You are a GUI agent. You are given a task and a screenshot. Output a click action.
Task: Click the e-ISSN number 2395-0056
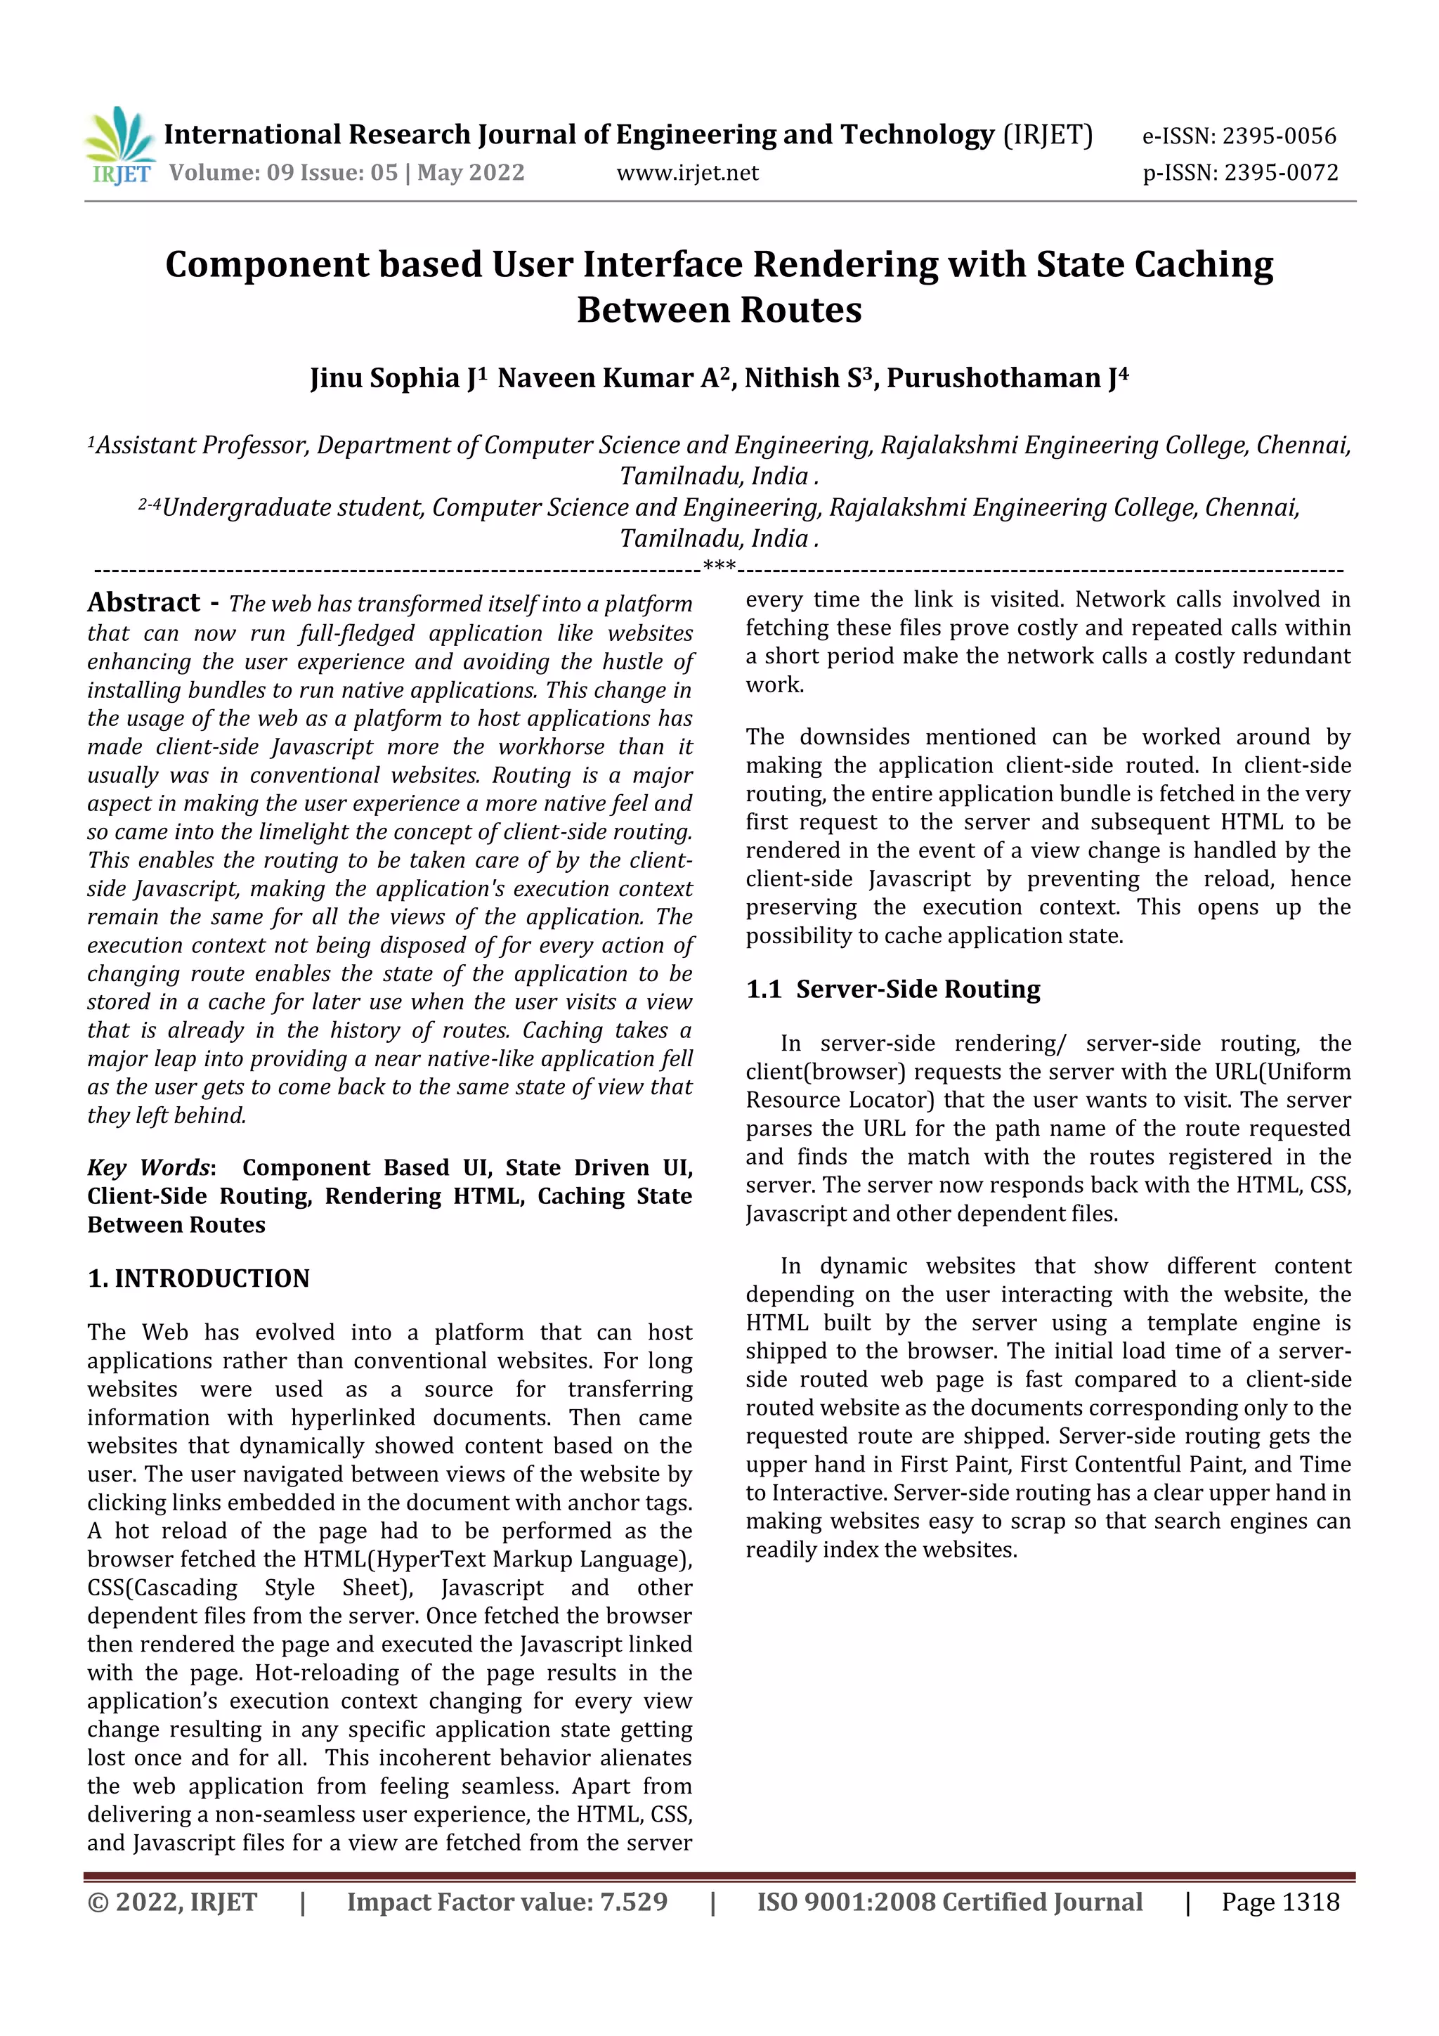(1279, 136)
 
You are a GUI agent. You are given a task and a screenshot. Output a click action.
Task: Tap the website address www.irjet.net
(687, 172)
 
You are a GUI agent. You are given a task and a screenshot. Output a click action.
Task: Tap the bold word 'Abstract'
(143, 602)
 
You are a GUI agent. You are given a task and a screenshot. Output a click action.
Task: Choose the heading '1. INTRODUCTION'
(199, 1278)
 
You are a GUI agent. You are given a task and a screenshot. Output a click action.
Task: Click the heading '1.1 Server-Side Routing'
(893, 989)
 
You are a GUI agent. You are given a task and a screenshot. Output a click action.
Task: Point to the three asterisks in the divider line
(718, 566)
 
